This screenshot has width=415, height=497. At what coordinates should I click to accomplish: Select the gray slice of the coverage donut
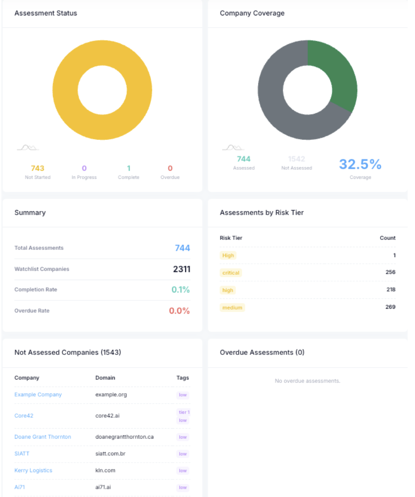point(280,113)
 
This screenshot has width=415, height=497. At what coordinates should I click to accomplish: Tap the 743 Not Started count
point(38,168)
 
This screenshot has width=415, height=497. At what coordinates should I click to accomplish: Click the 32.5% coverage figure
point(360,164)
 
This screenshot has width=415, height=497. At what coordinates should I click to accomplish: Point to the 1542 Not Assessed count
point(297,159)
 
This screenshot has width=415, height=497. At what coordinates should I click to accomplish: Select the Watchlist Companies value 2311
point(181,269)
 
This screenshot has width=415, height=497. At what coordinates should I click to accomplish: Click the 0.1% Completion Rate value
point(180,290)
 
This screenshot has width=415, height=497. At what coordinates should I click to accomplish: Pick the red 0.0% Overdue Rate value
point(179,311)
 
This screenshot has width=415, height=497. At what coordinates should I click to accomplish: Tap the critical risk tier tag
point(231,273)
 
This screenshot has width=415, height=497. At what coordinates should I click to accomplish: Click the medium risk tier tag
point(232,308)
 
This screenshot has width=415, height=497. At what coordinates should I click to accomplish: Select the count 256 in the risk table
point(390,272)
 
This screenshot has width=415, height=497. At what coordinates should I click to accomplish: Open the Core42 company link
point(24,416)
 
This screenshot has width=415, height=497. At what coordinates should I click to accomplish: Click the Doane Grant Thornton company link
point(42,437)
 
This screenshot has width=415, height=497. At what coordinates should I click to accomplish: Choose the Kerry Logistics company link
point(33,470)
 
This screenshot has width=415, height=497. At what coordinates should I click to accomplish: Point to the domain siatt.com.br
point(110,453)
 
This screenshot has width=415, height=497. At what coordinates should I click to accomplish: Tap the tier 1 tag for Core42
point(184,412)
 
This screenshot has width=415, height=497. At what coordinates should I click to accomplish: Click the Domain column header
point(105,378)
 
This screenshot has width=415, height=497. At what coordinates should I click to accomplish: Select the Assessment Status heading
point(46,13)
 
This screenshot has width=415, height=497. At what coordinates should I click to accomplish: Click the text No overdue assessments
point(307,381)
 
